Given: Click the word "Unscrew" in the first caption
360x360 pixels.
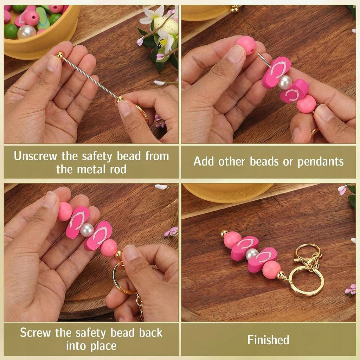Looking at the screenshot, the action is tap(36, 156).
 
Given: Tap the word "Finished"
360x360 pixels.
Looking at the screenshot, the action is tap(268, 340).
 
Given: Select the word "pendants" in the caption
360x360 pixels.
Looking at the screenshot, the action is tap(321, 162).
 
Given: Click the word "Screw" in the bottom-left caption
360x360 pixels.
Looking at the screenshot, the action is tap(36, 333).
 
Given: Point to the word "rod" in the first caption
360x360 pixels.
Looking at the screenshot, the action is tap(118, 169).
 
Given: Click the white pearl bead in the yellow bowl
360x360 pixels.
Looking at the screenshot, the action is tap(26, 32).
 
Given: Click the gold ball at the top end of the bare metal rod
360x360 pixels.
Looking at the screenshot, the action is tap(60, 55).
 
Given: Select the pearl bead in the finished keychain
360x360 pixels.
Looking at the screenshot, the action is tap(252, 254).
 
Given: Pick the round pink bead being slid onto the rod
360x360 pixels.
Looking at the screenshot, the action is tap(246, 45).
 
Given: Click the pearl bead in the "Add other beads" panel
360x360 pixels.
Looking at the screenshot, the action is tap(285, 82).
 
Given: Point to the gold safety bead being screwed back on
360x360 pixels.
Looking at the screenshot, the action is tap(118, 254).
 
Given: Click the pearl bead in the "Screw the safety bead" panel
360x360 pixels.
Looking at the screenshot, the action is tap(87, 230).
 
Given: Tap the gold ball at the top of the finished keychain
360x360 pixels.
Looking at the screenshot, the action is tap(224, 233).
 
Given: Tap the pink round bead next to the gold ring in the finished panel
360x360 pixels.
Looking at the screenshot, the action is tap(271, 270).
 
